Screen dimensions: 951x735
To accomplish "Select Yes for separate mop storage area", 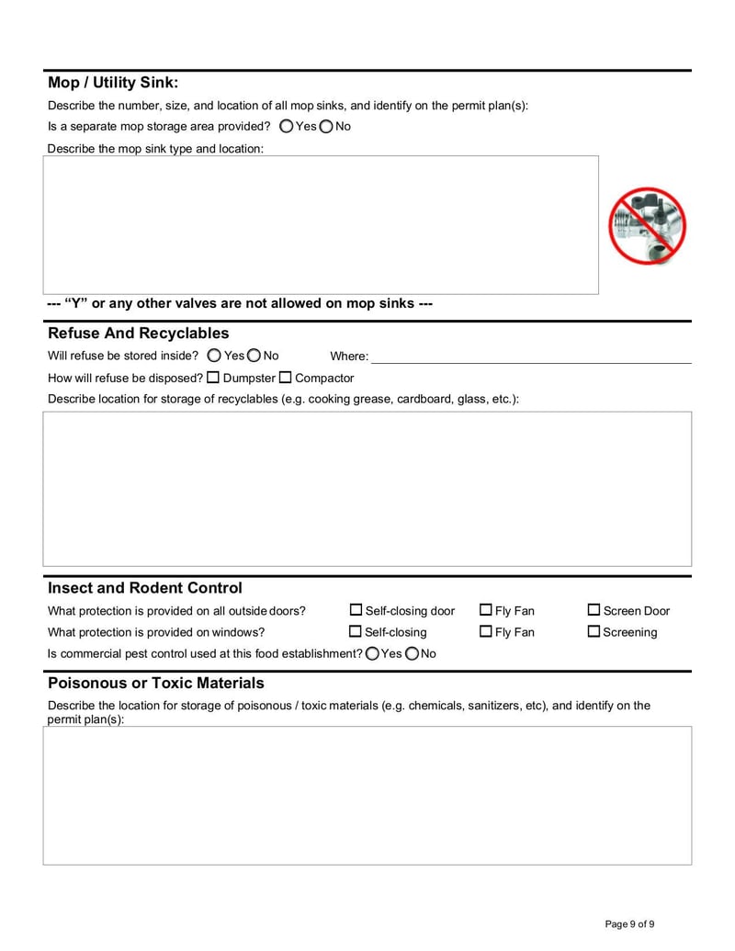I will coord(287,127).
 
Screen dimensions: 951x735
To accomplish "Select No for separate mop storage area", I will coord(326,127).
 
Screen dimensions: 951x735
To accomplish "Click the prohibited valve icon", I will coord(648,226).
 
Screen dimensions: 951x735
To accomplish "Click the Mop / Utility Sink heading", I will coord(113,83).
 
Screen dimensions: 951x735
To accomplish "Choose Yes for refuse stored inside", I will coord(214,356).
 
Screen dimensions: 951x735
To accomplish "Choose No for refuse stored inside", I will coord(254,356).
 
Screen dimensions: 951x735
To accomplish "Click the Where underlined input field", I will coord(531,356).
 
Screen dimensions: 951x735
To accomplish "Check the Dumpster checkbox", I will coord(213,378).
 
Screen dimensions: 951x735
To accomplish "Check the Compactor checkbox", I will coord(285,378).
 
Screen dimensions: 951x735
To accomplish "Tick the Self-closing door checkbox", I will coord(356,610).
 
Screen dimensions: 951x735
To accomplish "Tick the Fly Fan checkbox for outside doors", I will coord(486,610).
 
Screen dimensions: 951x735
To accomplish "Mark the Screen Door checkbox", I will coord(594,610).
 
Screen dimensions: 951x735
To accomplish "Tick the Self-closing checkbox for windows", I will coord(356,632).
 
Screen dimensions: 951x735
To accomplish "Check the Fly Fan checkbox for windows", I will coord(486,632).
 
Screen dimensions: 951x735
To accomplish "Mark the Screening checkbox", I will coord(594,632).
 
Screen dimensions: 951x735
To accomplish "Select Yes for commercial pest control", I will coord(372,654).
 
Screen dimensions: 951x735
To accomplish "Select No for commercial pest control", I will coord(412,654).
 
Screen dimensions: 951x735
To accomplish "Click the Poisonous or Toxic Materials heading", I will coord(155,684).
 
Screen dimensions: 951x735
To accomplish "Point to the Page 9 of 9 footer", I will coord(629,924).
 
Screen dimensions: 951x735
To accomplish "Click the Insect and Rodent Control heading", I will coord(145,588).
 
